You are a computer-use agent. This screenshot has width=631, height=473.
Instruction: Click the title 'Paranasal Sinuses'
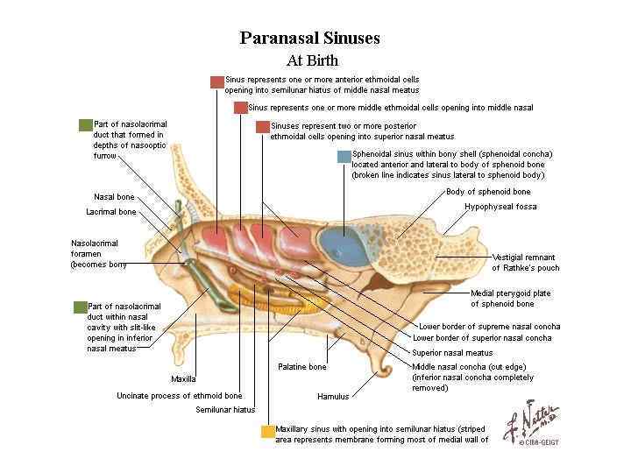pyautogui.click(x=309, y=39)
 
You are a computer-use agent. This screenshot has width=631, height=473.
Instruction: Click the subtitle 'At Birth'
pyautogui.click(x=312, y=61)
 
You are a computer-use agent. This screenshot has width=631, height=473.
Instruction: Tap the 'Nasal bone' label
pyautogui.click(x=114, y=196)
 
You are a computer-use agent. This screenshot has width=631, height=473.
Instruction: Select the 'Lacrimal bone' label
pyautogui.click(x=110, y=212)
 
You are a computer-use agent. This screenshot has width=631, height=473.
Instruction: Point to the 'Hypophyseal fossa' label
pyautogui.click(x=500, y=207)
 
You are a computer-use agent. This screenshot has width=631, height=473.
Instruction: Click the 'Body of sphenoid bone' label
pyautogui.click(x=488, y=191)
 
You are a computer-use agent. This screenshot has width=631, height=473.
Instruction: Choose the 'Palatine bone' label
pyautogui.click(x=301, y=367)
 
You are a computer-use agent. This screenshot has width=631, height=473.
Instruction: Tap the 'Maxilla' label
pyautogui.click(x=183, y=379)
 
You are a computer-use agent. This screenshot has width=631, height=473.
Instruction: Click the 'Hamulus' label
pyautogui.click(x=332, y=397)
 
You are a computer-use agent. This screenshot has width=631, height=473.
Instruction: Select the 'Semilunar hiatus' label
pyautogui.click(x=225, y=409)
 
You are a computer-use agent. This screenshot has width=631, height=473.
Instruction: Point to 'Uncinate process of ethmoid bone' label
pyautogui.click(x=179, y=395)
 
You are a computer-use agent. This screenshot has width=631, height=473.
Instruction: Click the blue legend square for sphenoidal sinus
pyautogui.click(x=344, y=157)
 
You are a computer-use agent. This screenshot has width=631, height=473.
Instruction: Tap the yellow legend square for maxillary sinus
pyautogui.click(x=267, y=431)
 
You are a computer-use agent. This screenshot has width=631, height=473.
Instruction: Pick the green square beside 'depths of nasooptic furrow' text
pyautogui.click(x=85, y=125)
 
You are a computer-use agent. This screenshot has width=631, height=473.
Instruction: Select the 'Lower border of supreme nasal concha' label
pyautogui.click(x=489, y=327)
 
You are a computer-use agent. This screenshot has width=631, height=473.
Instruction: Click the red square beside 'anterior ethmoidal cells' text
pyautogui.click(x=216, y=81)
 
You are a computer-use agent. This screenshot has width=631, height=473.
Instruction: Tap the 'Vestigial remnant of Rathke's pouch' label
pyautogui.click(x=526, y=262)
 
